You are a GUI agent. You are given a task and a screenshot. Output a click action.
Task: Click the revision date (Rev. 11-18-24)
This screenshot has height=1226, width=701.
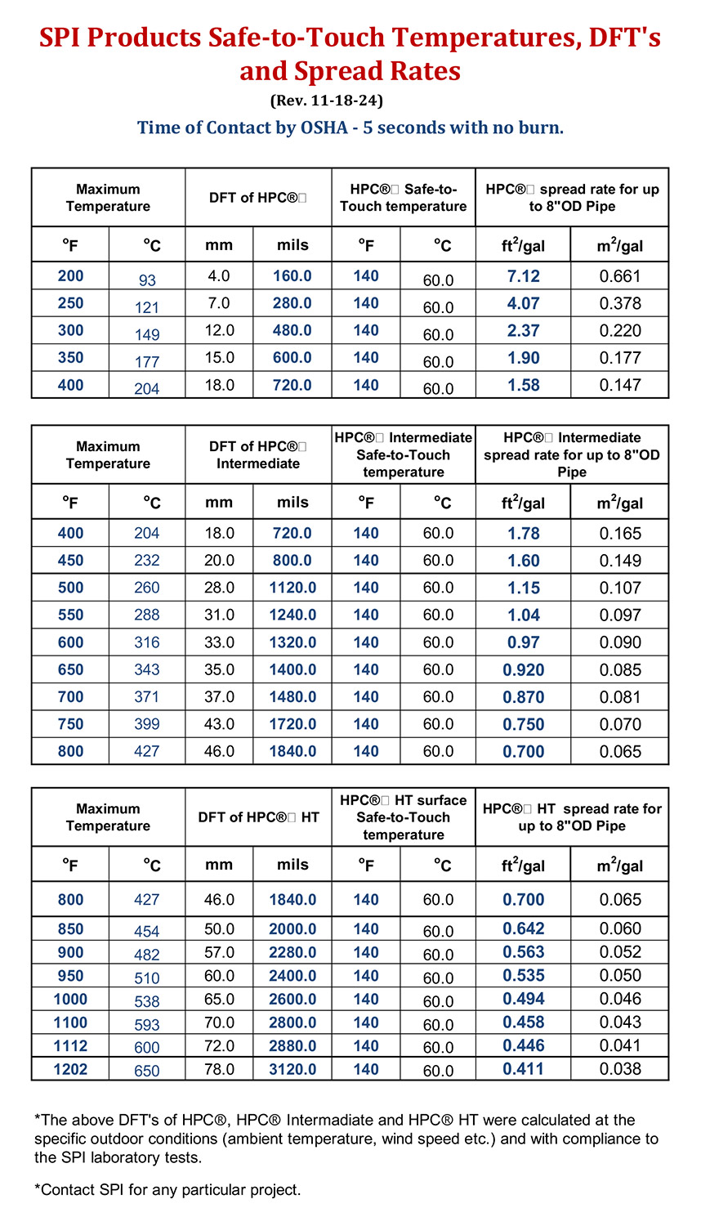tap(326, 101)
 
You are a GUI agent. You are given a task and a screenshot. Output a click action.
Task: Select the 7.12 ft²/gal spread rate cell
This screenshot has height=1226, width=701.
tap(523, 276)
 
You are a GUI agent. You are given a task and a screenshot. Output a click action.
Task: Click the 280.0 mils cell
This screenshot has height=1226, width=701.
tap(292, 303)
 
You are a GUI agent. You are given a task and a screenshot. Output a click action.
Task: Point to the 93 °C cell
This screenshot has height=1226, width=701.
tap(147, 280)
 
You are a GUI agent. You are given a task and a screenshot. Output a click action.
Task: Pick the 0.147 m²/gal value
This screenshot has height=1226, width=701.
tap(620, 385)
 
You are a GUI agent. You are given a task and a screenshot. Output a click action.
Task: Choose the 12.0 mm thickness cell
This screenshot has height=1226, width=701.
tap(219, 330)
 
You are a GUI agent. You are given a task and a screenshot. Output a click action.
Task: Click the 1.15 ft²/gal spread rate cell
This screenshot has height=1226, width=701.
tap(523, 588)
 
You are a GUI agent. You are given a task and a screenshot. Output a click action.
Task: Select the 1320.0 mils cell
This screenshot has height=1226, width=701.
tap(292, 642)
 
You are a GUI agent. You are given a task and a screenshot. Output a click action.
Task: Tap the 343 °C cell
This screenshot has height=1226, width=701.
tap(147, 669)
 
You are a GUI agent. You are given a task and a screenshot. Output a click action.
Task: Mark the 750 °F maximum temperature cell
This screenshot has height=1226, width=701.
tap(70, 724)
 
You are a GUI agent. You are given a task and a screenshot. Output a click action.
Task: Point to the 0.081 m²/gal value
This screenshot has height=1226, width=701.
tap(620, 697)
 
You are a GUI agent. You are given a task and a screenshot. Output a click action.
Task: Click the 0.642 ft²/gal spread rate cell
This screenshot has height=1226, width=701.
tap(523, 928)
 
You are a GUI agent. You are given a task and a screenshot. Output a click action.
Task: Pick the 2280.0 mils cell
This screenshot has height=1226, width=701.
tap(292, 952)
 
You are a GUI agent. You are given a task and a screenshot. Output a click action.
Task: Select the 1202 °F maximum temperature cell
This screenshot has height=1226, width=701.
tap(70, 1069)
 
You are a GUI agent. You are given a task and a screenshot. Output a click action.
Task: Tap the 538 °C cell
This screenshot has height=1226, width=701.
tap(147, 1001)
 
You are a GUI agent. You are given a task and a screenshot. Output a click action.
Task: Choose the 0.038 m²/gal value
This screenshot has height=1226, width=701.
tap(620, 1069)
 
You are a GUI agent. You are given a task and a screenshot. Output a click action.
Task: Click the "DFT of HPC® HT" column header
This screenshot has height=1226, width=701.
tap(258, 817)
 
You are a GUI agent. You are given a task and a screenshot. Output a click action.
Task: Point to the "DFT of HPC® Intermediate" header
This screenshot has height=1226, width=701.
tap(258, 455)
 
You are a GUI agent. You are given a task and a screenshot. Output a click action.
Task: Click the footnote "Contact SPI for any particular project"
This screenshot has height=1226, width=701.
tap(167, 1190)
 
